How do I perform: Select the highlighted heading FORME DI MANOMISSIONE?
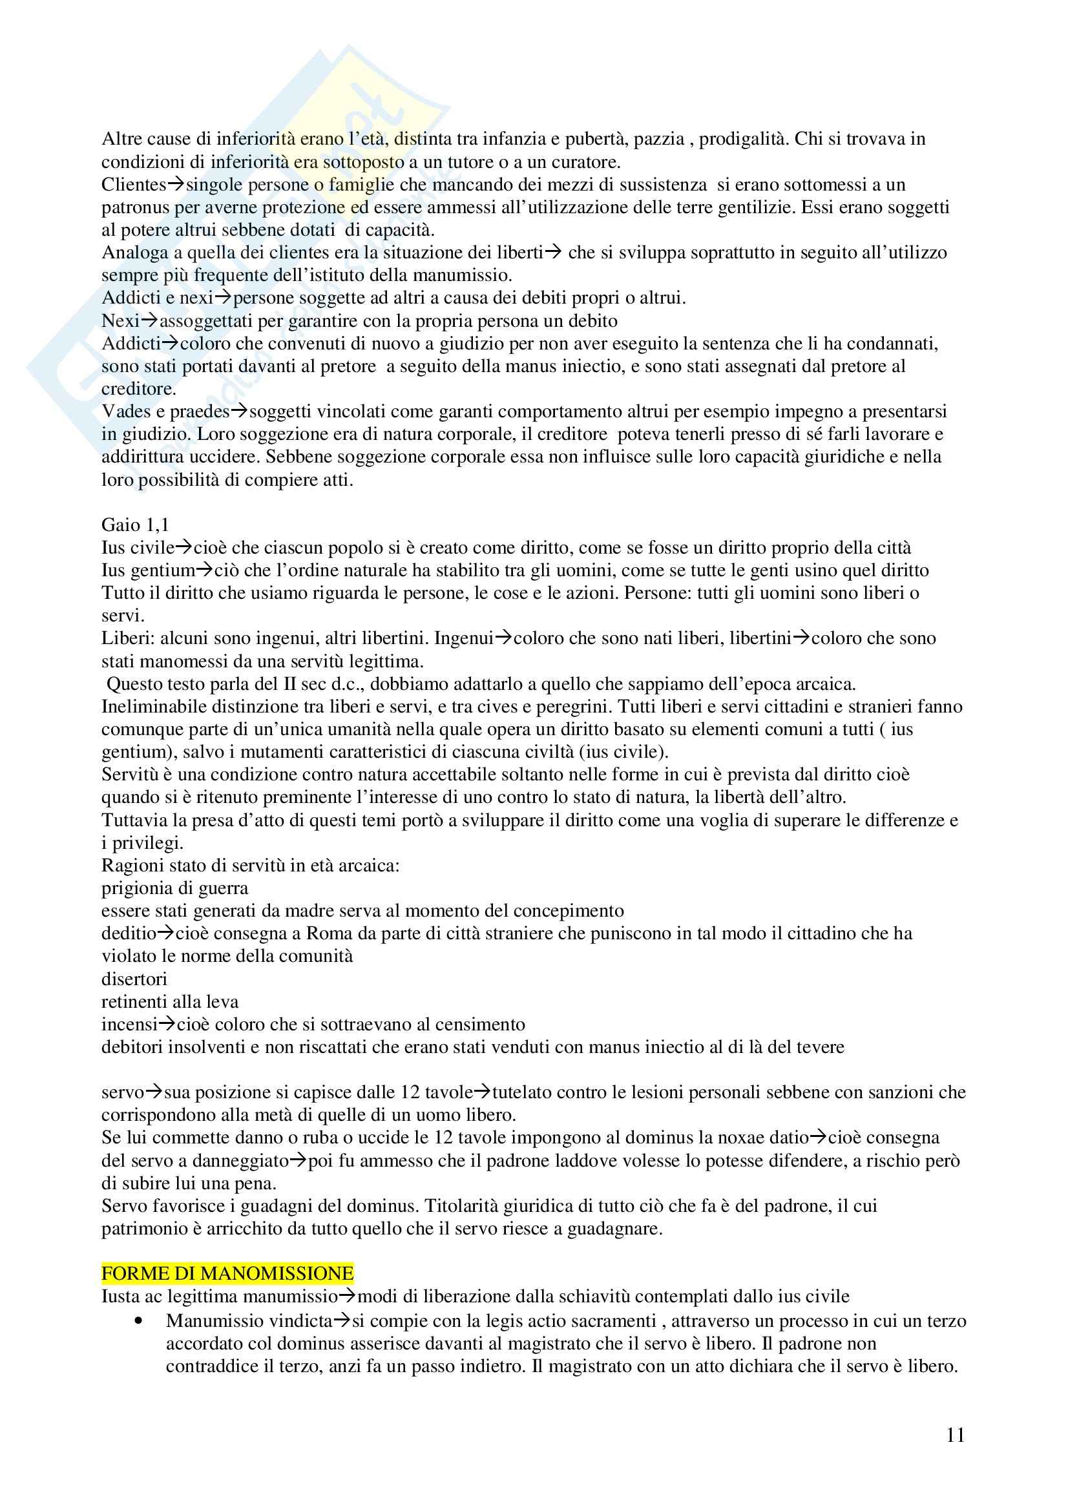coord(227,1273)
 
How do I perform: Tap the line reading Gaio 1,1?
coord(135,525)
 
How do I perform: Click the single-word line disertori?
coord(134,979)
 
